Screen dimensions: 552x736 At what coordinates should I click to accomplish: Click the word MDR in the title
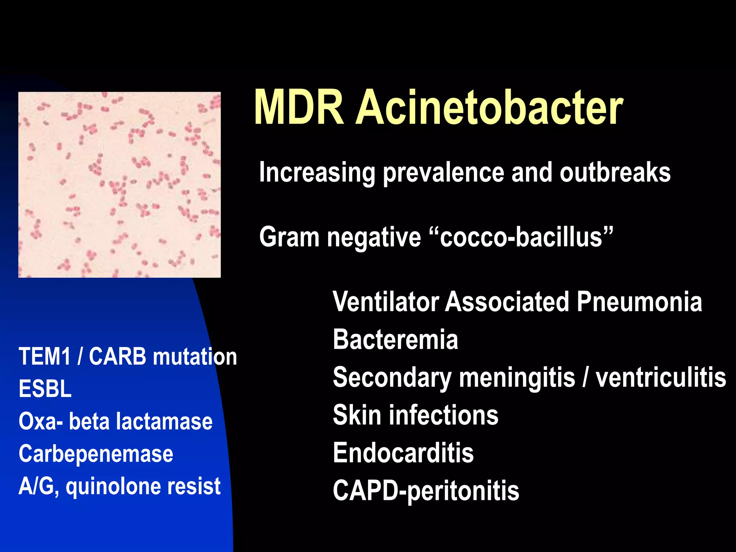point(299,108)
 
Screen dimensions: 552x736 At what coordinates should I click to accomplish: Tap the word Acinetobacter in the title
point(489,108)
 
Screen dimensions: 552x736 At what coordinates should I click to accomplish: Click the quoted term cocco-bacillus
point(521,238)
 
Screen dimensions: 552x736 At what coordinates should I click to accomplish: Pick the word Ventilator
point(386,302)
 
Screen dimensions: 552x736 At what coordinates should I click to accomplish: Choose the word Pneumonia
point(639,302)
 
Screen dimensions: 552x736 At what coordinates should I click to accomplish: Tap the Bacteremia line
point(395,339)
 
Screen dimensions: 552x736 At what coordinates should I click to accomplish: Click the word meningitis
point(517,378)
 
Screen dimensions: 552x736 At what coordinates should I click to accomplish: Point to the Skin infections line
point(415,415)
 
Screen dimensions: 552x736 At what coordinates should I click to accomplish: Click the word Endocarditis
point(403,453)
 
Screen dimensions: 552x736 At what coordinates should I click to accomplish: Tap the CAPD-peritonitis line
point(426,491)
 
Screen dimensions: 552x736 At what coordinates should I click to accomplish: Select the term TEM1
point(45,356)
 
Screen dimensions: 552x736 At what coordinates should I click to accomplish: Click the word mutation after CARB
point(195,356)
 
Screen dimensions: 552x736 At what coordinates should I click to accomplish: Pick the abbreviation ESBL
point(45,389)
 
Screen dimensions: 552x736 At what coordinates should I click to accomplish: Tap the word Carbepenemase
point(96,454)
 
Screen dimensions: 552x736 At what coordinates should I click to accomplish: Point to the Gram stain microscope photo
point(119,184)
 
